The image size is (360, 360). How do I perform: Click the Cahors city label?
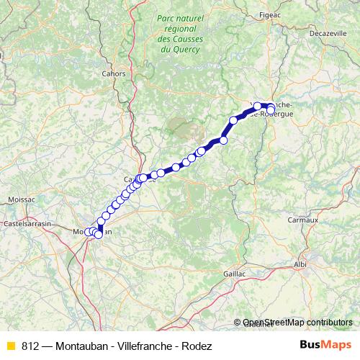click(x=114, y=73)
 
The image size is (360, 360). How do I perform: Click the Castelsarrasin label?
click(x=27, y=224)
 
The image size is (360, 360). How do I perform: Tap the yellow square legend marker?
click(x=9, y=346)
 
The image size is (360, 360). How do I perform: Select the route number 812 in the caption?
click(x=30, y=346)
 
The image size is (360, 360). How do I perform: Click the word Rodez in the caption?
click(x=197, y=346)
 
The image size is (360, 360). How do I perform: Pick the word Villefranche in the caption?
click(x=145, y=346)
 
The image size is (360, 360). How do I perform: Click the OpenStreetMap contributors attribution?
click(x=297, y=322)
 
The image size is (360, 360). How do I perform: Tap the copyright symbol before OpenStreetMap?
click(x=238, y=322)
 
